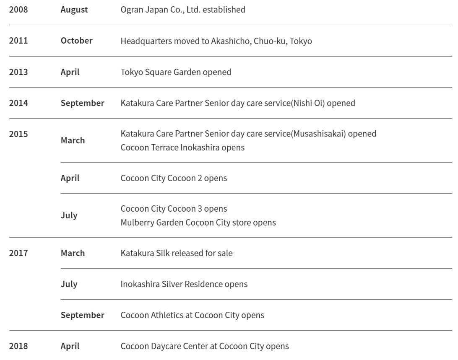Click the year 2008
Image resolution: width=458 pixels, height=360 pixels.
(18, 10)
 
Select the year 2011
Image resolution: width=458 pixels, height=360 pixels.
(18, 41)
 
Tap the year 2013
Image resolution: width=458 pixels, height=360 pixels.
(18, 72)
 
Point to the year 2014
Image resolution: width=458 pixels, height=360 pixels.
(18, 103)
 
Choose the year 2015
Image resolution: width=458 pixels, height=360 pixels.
(18, 134)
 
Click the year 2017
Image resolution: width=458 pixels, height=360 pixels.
(18, 253)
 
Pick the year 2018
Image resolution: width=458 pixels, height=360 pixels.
(18, 346)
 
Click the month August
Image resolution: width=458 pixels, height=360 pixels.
(74, 10)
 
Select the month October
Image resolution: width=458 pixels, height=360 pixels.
(76, 41)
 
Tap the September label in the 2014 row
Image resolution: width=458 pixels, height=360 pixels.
(82, 103)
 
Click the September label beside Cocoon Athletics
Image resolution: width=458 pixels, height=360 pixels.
(82, 315)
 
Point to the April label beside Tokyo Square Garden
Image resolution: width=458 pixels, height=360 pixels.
(70, 72)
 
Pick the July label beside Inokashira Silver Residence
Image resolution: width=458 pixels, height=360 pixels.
(69, 284)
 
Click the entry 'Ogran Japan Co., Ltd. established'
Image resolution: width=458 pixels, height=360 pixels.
(183, 10)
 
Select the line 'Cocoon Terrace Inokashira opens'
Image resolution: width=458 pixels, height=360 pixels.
(182, 148)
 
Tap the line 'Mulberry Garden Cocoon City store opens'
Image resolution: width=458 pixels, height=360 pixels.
(198, 223)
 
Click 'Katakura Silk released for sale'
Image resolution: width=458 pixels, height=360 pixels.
(176, 253)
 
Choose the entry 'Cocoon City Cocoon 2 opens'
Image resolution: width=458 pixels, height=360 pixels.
(174, 178)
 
